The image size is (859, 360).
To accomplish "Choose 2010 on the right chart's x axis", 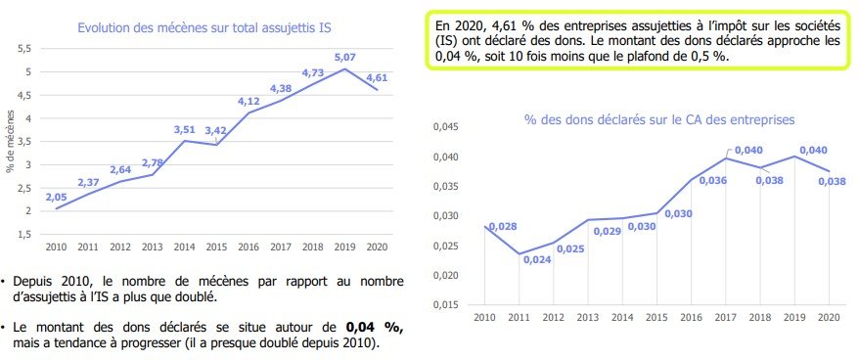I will (x=483, y=318).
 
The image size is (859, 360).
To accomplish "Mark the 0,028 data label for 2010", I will (x=502, y=226).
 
